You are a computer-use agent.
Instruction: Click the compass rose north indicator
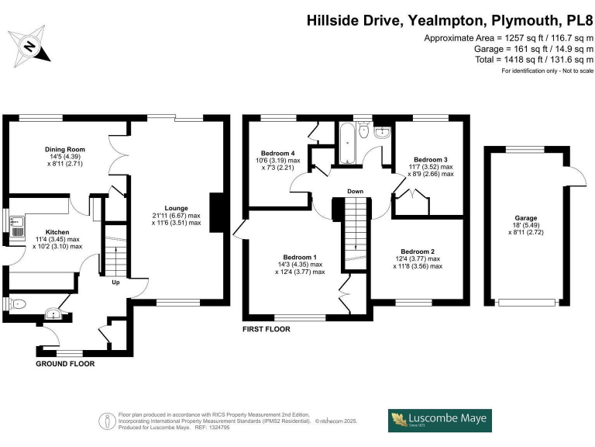point(29,47)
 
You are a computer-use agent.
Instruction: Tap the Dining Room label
point(65,149)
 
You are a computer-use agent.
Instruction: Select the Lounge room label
point(177,208)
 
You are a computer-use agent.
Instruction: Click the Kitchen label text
point(57,232)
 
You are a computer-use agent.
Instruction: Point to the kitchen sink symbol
point(17,227)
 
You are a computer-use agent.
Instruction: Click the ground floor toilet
point(17,304)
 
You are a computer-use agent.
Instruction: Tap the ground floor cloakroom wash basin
point(53,314)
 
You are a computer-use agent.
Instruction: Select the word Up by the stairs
point(115,282)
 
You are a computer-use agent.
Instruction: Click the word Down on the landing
point(355,191)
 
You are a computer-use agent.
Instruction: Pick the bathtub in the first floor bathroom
point(347,144)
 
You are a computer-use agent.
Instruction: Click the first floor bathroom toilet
point(363,130)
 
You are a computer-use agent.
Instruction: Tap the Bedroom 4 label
point(278,153)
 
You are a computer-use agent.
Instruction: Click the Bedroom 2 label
point(418,251)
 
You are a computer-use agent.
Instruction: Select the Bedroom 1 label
point(300,258)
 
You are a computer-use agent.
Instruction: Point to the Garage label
point(526,218)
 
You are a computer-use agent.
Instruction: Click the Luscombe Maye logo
point(440,421)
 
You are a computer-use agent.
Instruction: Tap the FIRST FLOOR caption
point(267,329)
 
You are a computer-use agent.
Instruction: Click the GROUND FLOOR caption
point(65,364)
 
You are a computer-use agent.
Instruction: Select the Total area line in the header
point(535,60)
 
